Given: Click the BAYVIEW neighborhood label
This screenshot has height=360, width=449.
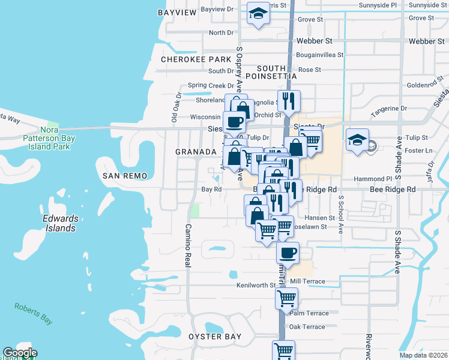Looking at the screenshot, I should [x=177, y=13].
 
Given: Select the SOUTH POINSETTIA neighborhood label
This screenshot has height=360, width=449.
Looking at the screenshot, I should [x=277, y=73].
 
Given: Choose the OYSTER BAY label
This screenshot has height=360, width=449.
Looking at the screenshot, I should [x=215, y=337].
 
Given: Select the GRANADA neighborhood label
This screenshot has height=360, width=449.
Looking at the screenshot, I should [x=196, y=152].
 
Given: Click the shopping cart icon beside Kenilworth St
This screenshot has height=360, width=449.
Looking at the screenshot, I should [x=287, y=297].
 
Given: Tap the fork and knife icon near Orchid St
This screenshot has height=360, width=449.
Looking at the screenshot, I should [x=289, y=101].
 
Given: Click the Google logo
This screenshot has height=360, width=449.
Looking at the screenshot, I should [x=20, y=353].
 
